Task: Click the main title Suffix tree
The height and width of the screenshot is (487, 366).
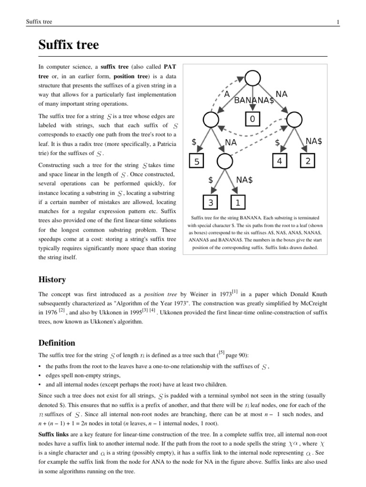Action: coord(69,45)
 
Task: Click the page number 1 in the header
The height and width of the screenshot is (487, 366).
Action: coord(337,21)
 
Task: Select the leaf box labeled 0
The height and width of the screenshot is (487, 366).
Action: coord(253,118)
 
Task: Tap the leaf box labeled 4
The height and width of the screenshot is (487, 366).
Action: coord(280,162)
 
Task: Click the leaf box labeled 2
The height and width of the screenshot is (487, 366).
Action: coord(308,162)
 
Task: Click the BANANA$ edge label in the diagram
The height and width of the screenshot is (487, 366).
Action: coord(254,100)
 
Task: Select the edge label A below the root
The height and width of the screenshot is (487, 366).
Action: coord(227,95)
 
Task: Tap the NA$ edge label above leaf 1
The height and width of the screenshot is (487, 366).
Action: coord(244,180)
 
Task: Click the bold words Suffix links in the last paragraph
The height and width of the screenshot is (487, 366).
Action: coord(54,435)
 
